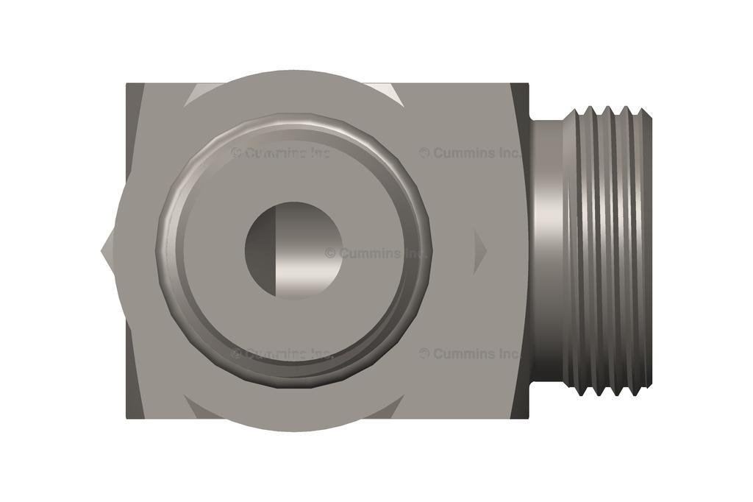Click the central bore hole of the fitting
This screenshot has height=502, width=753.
[x=293, y=250]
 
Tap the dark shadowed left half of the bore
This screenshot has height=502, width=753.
[x=260, y=250]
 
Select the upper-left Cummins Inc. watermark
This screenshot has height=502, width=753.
[x=281, y=153]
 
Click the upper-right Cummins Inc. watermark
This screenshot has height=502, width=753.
[x=471, y=153]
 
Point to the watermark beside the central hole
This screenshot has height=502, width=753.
[x=376, y=253]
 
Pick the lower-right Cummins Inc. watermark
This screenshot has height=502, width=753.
[x=471, y=353]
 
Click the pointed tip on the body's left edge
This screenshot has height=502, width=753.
[x=104, y=251]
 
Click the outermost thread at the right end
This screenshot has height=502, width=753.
[x=644, y=250]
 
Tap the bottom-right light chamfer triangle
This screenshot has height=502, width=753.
[x=390, y=408]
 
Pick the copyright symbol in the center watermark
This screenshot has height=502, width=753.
[x=330, y=253]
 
